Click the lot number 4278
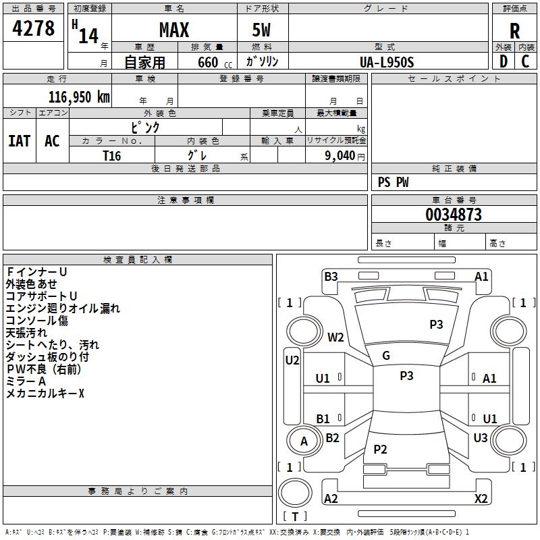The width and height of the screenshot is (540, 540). click(x=33, y=28)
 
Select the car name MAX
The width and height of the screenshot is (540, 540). click(x=174, y=30)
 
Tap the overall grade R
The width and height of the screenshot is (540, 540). click(x=514, y=31)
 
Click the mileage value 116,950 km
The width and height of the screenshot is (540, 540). click(x=79, y=97)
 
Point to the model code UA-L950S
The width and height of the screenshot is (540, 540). click(x=387, y=62)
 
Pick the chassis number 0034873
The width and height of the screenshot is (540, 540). click(x=454, y=215)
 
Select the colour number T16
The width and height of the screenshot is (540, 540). click(x=112, y=156)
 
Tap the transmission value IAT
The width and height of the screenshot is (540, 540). click(x=20, y=141)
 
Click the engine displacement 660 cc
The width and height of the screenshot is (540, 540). click(x=215, y=63)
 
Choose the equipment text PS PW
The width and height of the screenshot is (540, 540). click(x=394, y=182)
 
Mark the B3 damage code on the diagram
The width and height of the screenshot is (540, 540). click(x=331, y=277)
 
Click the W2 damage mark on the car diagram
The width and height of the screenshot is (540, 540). click(x=335, y=337)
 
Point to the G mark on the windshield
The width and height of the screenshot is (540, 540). click(x=386, y=356)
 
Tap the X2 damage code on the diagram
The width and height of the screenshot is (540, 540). click(x=481, y=498)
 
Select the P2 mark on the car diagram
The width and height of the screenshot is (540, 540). click(x=380, y=449)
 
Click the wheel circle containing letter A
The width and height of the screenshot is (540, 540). click(x=304, y=441)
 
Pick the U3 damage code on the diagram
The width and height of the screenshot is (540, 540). click(x=481, y=437)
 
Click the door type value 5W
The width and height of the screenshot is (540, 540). click(x=261, y=30)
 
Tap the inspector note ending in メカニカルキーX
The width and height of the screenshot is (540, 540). click(x=45, y=394)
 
